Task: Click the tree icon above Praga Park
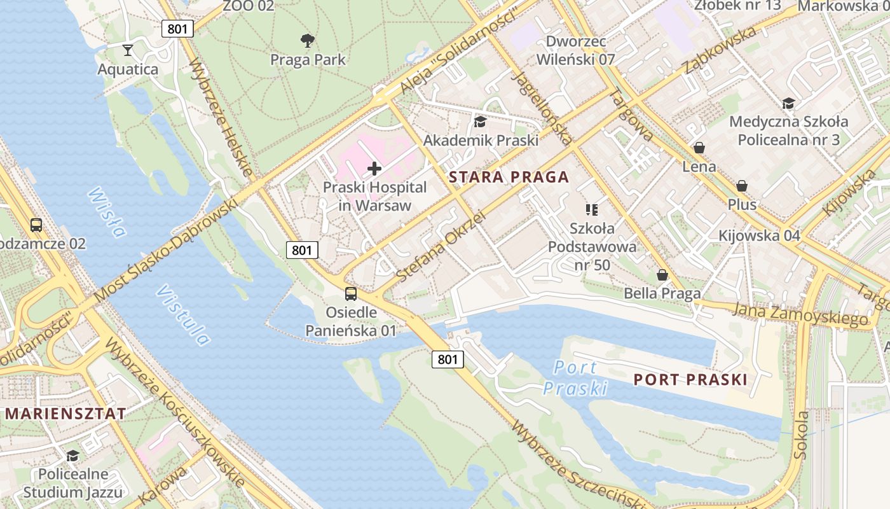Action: (x=308, y=41)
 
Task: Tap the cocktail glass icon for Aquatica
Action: (x=128, y=50)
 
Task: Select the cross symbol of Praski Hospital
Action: (x=374, y=169)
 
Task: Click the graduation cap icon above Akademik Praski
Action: (x=480, y=122)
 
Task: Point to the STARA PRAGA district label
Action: (x=509, y=178)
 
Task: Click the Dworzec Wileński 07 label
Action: (x=575, y=51)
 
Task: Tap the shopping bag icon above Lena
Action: (x=699, y=148)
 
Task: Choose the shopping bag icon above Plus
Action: (x=741, y=186)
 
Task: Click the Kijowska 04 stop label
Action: (x=759, y=235)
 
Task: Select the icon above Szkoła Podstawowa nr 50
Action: (x=592, y=209)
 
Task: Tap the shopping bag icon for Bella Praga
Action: (x=662, y=275)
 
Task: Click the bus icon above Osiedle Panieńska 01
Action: (x=351, y=294)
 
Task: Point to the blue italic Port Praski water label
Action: (x=575, y=378)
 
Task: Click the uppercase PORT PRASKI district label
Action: (x=690, y=380)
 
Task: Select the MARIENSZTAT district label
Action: (x=65, y=413)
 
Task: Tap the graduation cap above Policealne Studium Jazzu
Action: (x=72, y=456)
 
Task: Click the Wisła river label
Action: (x=106, y=212)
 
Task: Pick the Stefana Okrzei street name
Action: (x=440, y=247)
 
